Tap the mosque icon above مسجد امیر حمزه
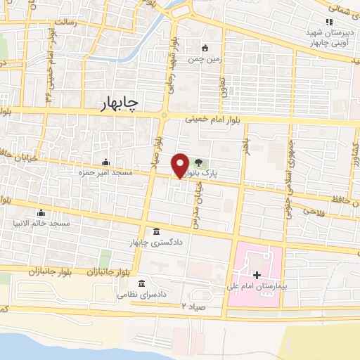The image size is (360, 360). [106, 162]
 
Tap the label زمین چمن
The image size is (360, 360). [209, 59]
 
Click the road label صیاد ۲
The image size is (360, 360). [195, 306]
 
